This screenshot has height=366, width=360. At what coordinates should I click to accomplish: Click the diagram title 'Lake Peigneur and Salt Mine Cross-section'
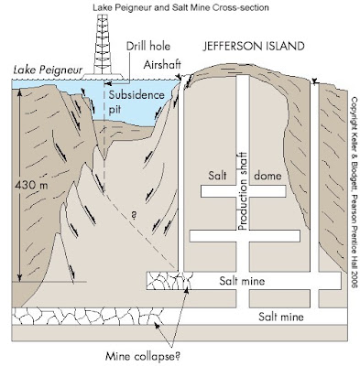pos(180,7)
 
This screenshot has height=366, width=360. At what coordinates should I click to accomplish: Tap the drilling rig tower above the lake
pos(103,44)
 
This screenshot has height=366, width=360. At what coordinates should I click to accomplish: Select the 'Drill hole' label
pos(148,46)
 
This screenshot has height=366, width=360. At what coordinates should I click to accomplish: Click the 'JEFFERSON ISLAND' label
pos(254,46)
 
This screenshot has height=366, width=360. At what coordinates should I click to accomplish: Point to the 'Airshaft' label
pos(162,65)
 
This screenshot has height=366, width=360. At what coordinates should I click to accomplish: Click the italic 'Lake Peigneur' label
pos(48,70)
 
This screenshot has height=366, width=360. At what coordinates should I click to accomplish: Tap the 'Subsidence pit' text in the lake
pos(136,102)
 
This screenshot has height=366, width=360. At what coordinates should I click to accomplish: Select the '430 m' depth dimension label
pos(31,185)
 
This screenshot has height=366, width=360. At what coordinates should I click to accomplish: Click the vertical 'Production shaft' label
pos(243,191)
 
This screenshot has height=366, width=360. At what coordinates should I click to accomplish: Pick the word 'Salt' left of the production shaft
pos(217,176)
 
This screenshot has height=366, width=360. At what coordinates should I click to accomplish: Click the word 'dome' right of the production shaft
pos(267,176)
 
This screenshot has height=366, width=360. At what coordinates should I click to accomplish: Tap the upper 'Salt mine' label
pos(242,281)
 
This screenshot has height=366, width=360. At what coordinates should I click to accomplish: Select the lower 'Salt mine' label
pos(281,317)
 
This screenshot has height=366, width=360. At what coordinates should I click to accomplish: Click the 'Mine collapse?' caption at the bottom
pos(143,356)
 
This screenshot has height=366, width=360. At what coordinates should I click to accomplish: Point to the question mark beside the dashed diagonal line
pos(134,215)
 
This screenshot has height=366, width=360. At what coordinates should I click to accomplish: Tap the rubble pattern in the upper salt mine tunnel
pos(169,281)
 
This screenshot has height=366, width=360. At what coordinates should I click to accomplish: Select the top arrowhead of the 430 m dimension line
pos(19,91)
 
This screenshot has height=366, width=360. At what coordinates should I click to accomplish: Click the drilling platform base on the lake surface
pos(103,76)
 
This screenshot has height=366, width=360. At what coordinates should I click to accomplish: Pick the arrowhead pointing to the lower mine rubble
pos(158,326)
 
